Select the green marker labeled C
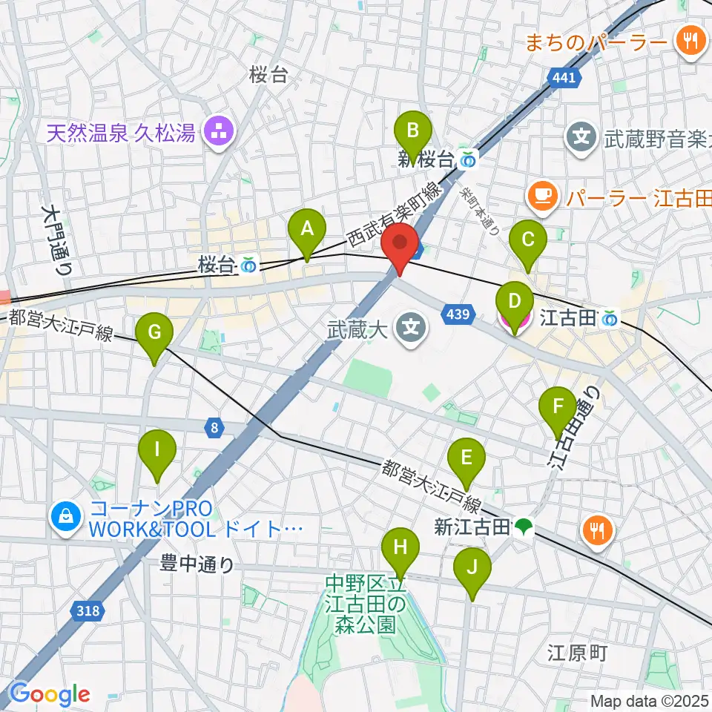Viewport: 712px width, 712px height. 528,241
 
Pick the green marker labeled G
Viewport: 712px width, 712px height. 154,334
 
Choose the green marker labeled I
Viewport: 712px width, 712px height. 157,450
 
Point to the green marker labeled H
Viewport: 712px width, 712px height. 400,550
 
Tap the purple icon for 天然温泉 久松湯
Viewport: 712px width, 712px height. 220,133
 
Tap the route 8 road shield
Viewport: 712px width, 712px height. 214,427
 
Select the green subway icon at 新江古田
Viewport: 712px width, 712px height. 524,527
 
